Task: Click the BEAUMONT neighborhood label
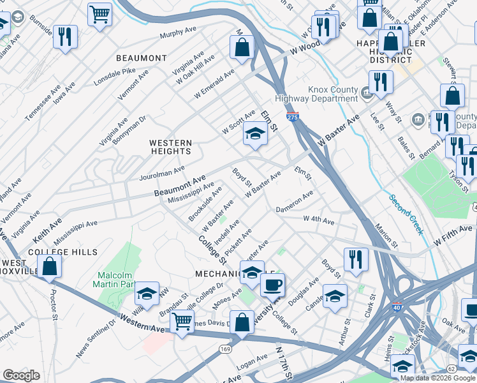click(x=142, y=58)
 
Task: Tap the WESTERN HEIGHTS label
click(x=170, y=147)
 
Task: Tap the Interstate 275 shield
click(x=292, y=117)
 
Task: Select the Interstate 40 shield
click(x=397, y=307)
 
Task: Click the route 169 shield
click(x=226, y=350)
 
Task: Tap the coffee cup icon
click(x=273, y=284)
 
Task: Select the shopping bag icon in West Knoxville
click(x=50, y=266)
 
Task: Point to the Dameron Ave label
click(x=294, y=202)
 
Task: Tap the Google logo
click(x=21, y=375)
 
